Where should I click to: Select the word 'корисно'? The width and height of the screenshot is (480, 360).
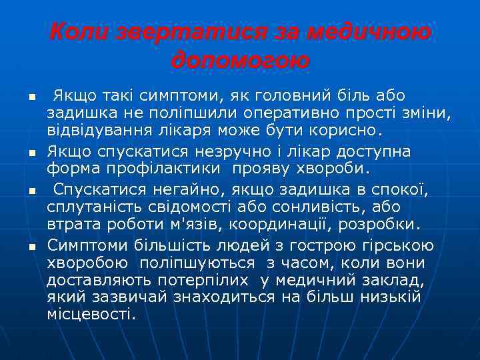[347, 128]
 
